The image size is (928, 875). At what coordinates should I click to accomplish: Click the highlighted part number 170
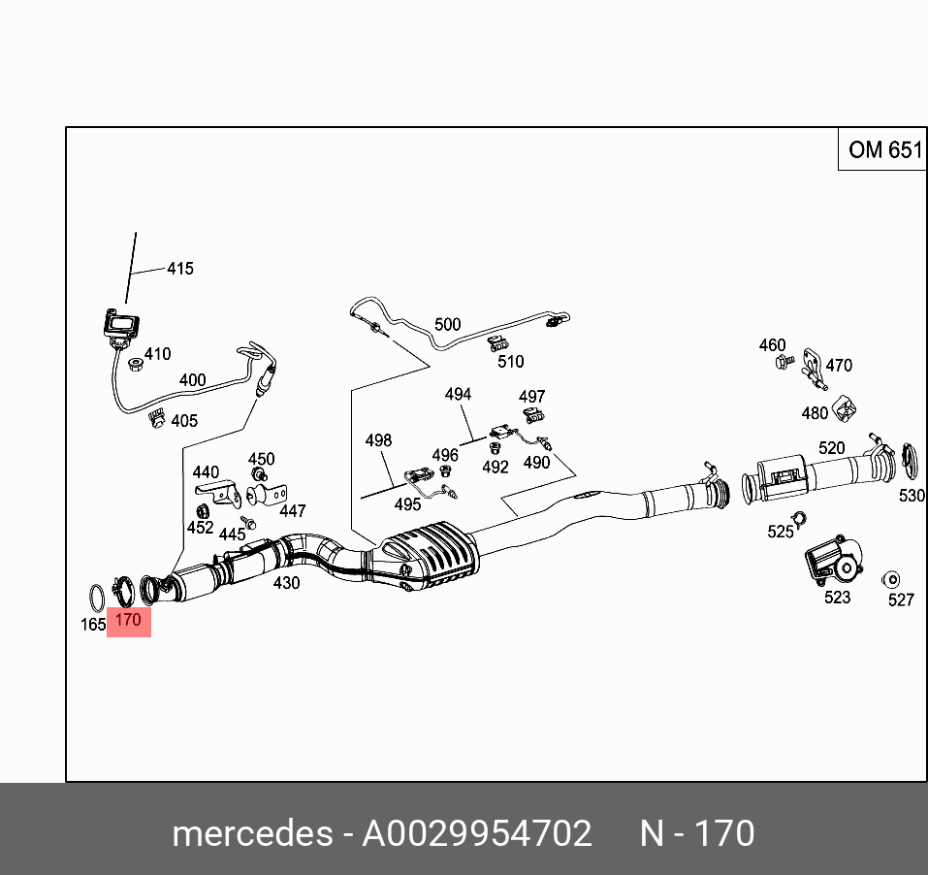click(128, 619)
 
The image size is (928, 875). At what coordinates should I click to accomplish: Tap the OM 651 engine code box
click(884, 149)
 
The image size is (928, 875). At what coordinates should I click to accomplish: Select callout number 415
click(179, 269)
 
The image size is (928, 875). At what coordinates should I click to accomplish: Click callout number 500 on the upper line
click(447, 324)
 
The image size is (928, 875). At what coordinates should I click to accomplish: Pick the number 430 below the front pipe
click(286, 583)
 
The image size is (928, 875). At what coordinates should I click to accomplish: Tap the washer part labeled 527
click(890, 579)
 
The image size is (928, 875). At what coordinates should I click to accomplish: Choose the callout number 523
click(837, 598)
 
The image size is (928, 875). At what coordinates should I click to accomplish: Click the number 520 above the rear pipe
click(831, 448)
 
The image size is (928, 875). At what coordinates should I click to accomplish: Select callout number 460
click(772, 345)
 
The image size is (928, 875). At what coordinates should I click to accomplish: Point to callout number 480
click(815, 413)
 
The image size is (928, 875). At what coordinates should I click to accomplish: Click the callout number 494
click(458, 395)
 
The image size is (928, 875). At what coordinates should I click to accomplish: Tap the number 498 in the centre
click(378, 440)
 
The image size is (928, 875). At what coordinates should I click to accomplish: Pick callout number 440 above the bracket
click(205, 472)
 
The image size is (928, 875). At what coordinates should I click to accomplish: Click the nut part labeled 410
click(136, 364)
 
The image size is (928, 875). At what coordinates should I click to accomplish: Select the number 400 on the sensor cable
click(192, 380)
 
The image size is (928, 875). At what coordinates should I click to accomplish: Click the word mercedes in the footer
click(251, 833)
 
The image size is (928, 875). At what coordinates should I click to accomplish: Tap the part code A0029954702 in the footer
click(476, 833)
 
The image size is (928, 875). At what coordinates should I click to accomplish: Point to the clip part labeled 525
click(797, 517)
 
